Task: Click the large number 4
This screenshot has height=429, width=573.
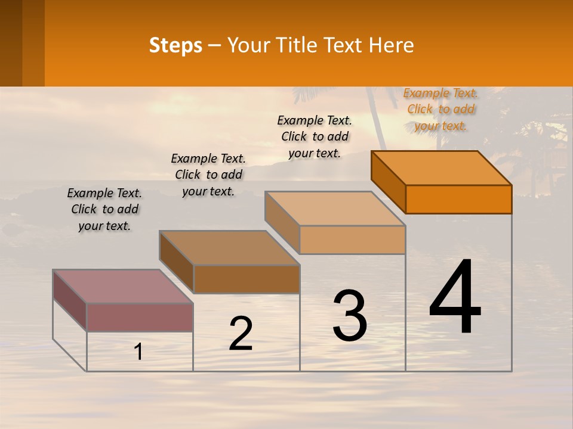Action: pos(455,298)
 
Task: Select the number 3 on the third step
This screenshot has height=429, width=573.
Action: pos(350,316)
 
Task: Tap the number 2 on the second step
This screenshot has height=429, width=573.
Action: pos(241,334)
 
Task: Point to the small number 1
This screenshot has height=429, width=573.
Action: pos(138,352)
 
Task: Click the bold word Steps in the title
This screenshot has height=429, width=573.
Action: pos(175,45)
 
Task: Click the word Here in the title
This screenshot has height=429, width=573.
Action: pos(391,45)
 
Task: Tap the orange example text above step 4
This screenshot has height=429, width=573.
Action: pos(440,109)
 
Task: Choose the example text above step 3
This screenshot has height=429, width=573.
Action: pos(315,136)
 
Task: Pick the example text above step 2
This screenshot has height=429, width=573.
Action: pos(208,175)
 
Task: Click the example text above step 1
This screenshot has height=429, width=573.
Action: pos(104,209)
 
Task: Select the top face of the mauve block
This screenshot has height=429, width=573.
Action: pos(123,286)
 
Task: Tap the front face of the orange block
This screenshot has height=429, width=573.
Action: pos(458,199)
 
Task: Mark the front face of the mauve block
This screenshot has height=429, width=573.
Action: pos(140,317)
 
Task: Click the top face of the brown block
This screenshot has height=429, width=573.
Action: pos(229,248)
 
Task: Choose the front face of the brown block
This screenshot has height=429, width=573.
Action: pos(247,279)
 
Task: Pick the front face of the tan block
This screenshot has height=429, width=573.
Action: pos(352,240)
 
